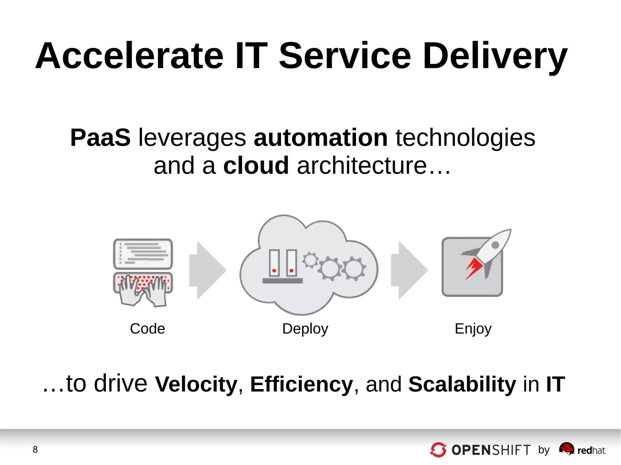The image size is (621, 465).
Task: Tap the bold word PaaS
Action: click(x=100, y=138)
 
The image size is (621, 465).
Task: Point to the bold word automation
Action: click(x=321, y=138)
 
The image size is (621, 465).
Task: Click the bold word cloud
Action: click(x=256, y=166)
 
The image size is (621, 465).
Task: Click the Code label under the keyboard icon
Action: click(x=147, y=329)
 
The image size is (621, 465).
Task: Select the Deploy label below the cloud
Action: click(x=305, y=329)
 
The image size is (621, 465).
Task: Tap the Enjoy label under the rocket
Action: click(x=473, y=329)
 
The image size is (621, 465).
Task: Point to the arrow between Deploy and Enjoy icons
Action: click(x=409, y=270)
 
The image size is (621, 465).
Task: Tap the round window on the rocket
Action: click(x=495, y=245)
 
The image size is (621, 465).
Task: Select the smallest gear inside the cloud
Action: click(x=310, y=260)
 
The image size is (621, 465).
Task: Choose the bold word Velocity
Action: click(x=196, y=384)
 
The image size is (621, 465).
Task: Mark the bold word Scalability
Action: click(x=462, y=384)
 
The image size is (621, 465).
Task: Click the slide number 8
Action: click(x=35, y=450)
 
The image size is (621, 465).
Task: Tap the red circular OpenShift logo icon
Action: click(x=438, y=450)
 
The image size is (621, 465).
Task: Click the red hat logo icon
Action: click(x=566, y=448)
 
